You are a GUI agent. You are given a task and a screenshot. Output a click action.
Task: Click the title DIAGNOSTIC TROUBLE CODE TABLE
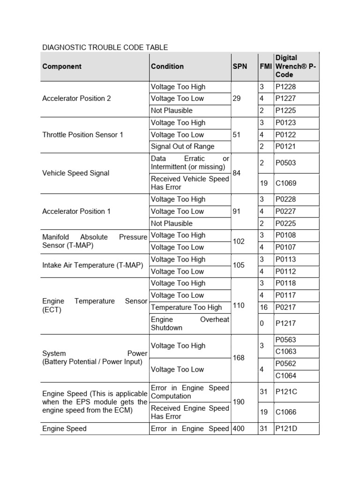(x=105, y=47)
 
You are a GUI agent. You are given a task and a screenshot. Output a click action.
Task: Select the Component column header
(x=61, y=67)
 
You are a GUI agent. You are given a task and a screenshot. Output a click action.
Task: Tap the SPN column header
(x=240, y=67)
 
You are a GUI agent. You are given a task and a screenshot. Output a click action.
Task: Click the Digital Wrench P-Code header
(x=296, y=66)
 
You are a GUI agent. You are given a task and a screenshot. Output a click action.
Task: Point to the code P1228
(x=285, y=87)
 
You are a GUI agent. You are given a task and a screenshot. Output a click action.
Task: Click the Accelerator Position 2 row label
(x=76, y=98)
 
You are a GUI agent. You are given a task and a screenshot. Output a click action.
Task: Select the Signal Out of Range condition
(x=182, y=146)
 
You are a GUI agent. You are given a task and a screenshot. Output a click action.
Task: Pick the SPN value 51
(x=237, y=135)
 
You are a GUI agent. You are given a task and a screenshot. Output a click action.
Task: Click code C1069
(x=285, y=183)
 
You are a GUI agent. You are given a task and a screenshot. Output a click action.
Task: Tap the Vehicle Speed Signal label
(x=75, y=173)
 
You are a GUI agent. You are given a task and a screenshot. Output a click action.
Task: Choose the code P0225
(x=285, y=224)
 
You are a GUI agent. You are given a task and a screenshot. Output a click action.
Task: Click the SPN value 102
(x=239, y=241)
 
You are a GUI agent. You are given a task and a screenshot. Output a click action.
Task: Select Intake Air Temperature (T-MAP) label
(x=92, y=265)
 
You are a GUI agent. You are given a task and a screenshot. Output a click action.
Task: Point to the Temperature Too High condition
(x=186, y=307)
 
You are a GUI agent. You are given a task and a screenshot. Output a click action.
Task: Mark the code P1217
(x=285, y=323)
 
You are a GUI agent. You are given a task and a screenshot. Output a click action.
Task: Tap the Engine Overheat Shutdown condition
(x=190, y=323)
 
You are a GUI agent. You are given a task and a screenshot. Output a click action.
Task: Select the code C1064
(x=285, y=375)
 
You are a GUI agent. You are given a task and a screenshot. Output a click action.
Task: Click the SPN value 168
(x=239, y=358)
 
